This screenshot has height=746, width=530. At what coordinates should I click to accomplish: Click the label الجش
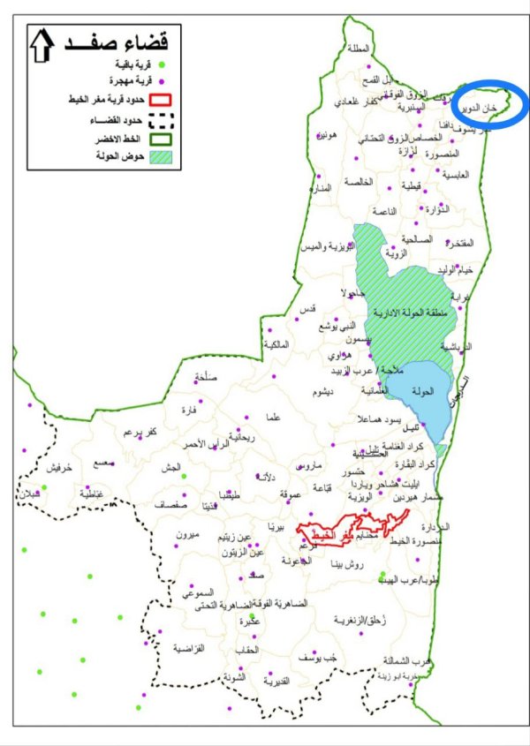tap(170, 467)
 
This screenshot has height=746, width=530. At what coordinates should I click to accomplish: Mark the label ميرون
tap(189, 536)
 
